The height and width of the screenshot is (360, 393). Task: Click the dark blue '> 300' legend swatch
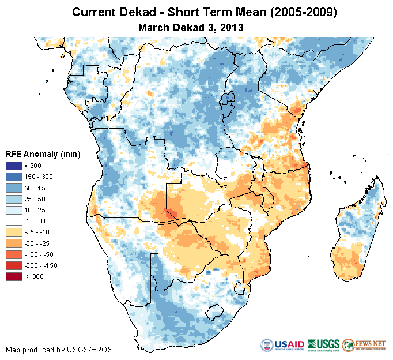[14, 166]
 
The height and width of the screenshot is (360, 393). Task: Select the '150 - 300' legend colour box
[14, 177]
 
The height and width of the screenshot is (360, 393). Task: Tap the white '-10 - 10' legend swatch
[14, 221]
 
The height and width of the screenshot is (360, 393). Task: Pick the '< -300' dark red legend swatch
[14, 276]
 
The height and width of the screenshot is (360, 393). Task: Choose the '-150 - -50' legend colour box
[14, 254]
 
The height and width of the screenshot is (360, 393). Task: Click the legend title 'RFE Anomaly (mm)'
[43, 154]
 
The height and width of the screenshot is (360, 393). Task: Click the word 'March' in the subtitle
[154, 27]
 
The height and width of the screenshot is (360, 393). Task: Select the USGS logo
[323, 345]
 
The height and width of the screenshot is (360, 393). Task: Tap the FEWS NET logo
[364, 345]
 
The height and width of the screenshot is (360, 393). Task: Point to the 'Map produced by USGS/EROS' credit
[59, 350]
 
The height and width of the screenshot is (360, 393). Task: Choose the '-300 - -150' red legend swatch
[14, 265]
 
